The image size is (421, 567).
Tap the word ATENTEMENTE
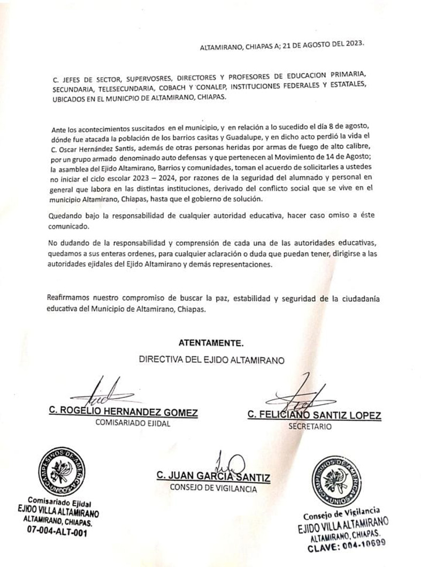(211, 342)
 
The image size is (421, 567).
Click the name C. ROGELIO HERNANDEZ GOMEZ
(124, 413)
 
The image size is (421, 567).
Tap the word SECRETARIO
(310, 427)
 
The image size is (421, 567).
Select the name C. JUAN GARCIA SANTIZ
(213, 476)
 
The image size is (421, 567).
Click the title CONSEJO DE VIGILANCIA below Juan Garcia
(213, 488)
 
